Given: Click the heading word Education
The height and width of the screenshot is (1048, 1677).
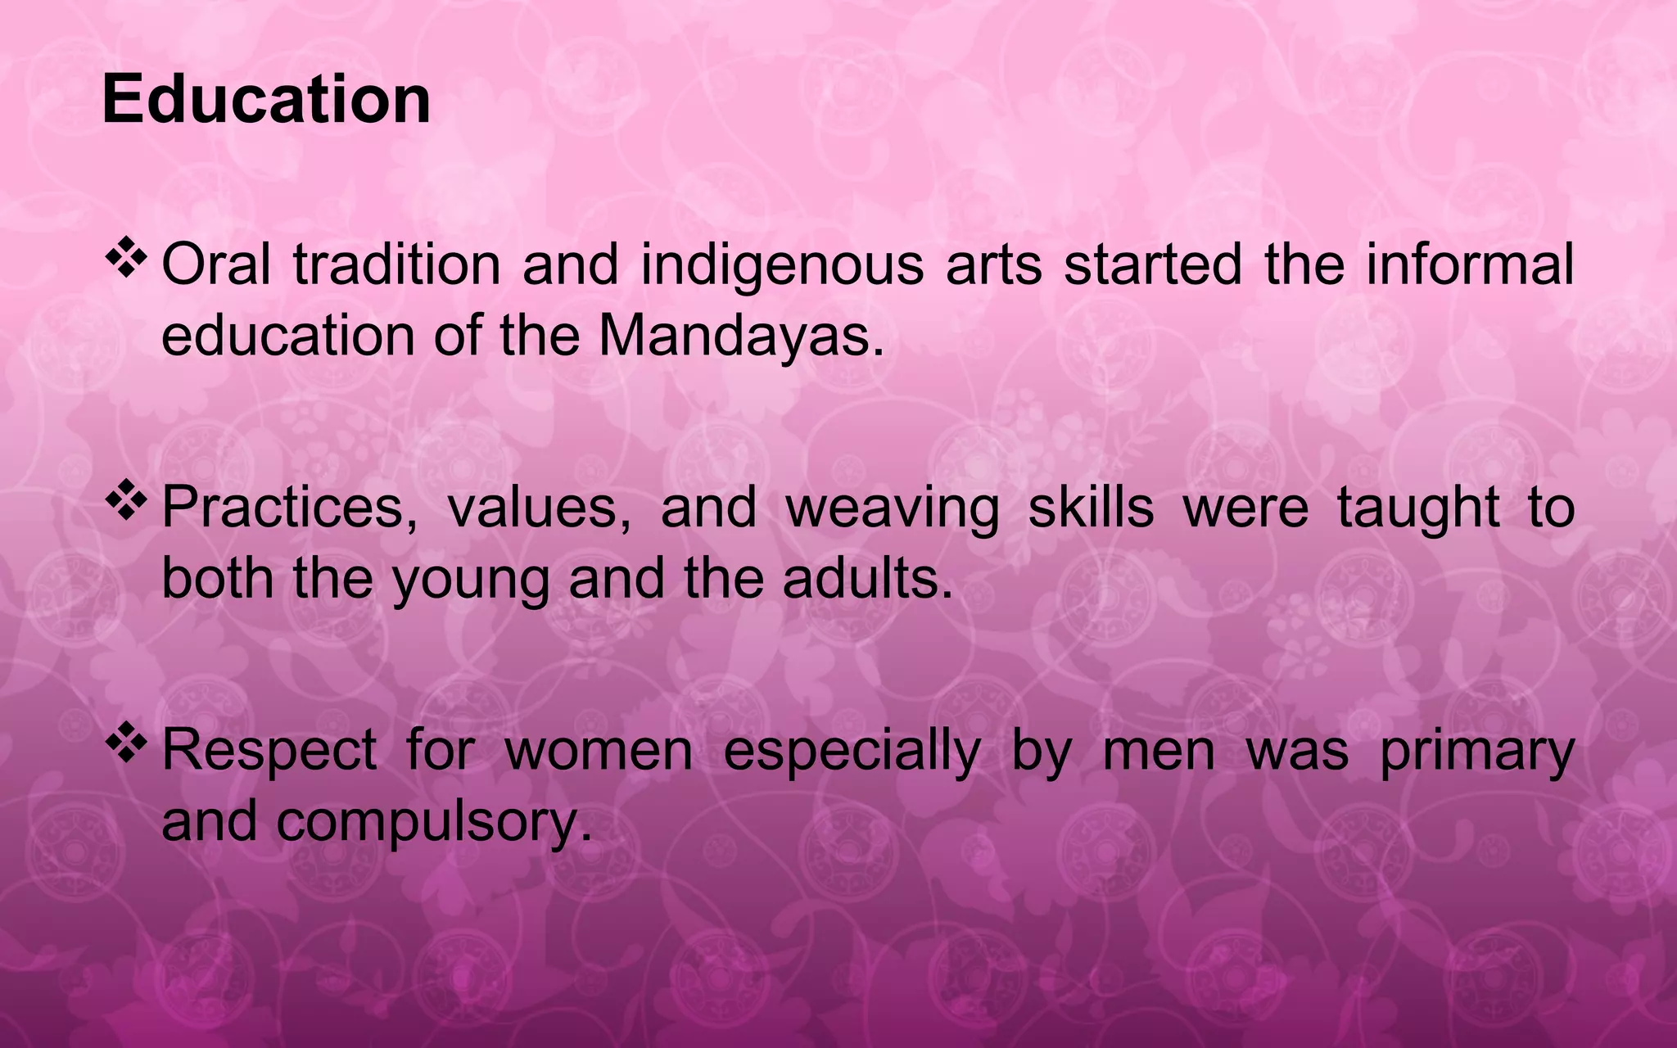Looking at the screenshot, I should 266,99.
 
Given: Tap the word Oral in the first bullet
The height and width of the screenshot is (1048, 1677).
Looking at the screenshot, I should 216,264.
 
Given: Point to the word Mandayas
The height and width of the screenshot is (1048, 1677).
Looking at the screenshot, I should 741,336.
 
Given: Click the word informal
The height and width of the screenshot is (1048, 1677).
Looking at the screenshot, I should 1470,264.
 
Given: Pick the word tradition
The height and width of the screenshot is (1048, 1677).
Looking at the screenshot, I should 396,264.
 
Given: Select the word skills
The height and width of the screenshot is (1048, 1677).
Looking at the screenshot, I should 1091,507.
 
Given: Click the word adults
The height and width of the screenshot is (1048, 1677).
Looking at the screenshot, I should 867,578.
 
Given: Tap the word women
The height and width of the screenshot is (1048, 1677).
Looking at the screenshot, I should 599,751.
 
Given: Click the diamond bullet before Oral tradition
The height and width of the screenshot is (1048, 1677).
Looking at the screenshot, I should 125,260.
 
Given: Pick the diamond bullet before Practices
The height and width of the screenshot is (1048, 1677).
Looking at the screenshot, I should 125,502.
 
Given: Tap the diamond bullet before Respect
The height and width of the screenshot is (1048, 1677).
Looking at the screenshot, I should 125,744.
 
